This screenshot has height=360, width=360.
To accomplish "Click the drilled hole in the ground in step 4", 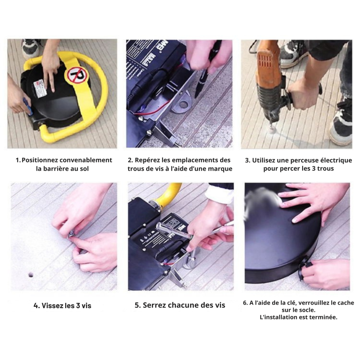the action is (x=31, y=275).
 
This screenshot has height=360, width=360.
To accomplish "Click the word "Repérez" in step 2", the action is (x=147, y=160).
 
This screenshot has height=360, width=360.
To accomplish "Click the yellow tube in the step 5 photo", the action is (x=167, y=194).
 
